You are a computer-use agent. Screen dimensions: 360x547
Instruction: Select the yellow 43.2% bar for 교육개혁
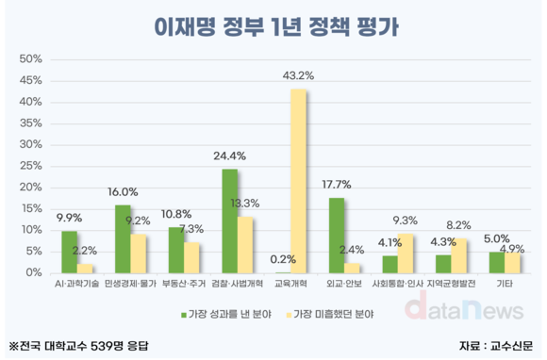(x=298, y=180)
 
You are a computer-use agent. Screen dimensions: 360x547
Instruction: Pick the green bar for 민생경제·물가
(x=123, y=238)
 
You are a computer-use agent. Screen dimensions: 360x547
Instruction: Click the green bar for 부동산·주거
(x=176, y=250)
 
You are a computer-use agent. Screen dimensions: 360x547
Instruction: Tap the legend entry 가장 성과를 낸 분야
(x=225, y=312)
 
